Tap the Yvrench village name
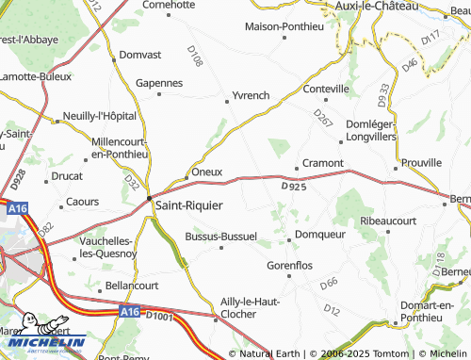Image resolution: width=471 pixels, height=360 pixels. pos(249,96)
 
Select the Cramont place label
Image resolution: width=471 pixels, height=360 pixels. pos(322,163)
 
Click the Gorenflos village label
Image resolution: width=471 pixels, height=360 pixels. pos(289,266)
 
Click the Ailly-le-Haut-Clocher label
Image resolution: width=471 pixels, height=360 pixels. pos(246,306)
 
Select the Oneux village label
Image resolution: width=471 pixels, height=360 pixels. pos(206,172)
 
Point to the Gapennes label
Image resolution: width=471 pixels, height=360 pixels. pos(159,83)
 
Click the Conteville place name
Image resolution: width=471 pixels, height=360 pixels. pos(325,89)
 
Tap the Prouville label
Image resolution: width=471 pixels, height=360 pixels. pos(420,163)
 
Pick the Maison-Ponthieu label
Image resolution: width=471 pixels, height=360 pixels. pos(284,25)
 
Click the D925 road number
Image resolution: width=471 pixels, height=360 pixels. pos(295,187)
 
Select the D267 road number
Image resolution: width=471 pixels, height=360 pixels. pos(323,118)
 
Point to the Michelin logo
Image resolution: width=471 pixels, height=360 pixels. pos(42,343)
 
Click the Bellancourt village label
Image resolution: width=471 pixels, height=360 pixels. pos(132,285)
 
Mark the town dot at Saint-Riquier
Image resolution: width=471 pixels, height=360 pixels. pos(148,197)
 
